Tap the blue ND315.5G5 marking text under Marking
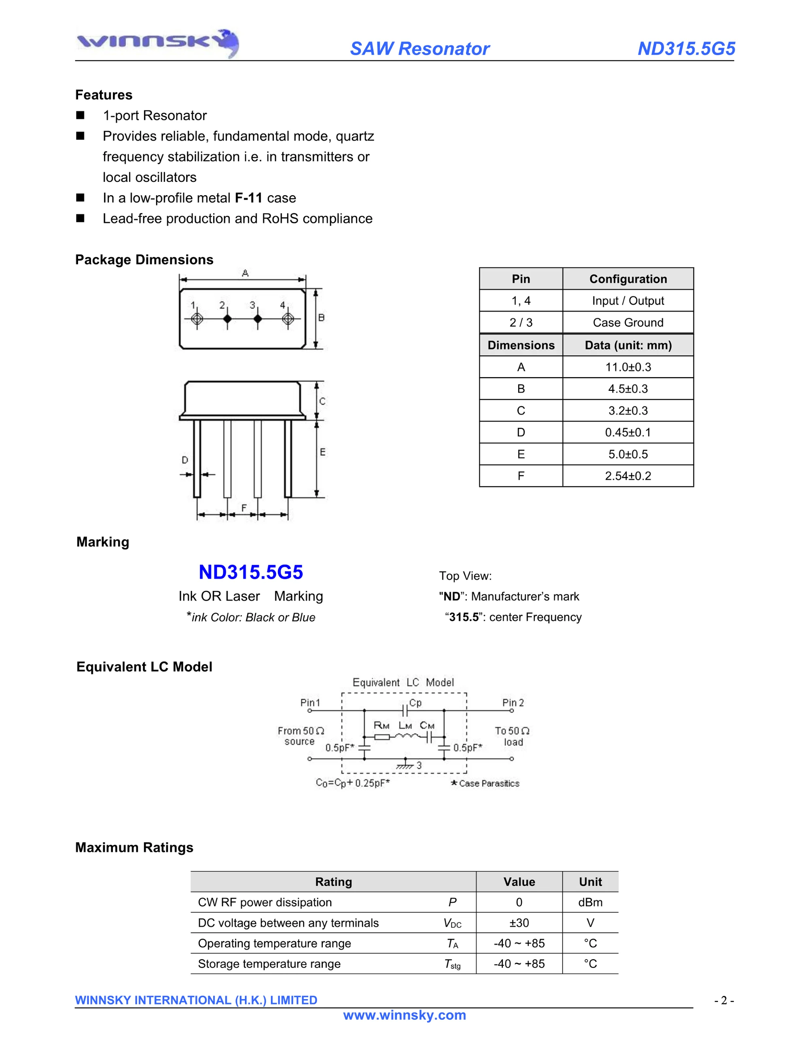pyautogui.click(x=251, y=572)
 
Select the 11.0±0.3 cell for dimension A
pyautogui.click(x=628, y=367)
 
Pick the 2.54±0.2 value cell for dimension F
pyautogui.click(x=628, y=476)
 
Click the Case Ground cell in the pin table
pyautogui.click(x=628, y=322)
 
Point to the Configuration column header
pyautogui.click(x=628, y=279)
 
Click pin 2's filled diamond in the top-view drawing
pyautogui.click(x=227, y=318)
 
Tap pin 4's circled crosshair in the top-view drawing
pyautogui.click(x=288, y=318)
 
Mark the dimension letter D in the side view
pyautogui.click(x=185, y=460)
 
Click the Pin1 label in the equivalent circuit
pyautogui.click(x=310, y=702)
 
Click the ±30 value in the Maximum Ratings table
pyautogui.click(x=519, y=922)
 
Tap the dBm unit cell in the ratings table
pyautogui.click(x=590, y=903)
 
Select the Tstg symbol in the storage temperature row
pyautogui.click(x=452, y=964)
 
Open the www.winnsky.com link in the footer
pyautogui.click(x=404, y=1015)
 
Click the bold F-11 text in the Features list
pyautogui.click(x=248, y=198)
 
